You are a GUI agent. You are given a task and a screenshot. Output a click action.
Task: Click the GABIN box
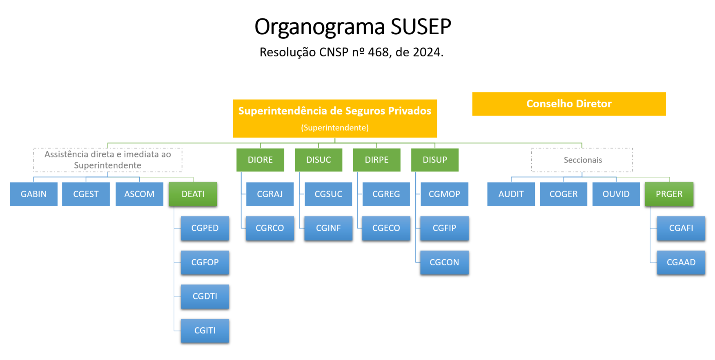(33, 194)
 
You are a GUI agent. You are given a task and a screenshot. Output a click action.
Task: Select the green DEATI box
(193, 194)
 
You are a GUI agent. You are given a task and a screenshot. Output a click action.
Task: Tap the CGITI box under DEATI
(205, 330)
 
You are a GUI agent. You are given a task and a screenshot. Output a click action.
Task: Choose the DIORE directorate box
(260, 160)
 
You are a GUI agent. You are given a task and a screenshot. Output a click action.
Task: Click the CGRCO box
(270, 228)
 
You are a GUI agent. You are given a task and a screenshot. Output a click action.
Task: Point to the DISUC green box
(319, 160)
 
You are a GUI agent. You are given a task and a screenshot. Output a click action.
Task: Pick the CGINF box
(328, 228)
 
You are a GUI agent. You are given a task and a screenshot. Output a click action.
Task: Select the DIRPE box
(376, 160)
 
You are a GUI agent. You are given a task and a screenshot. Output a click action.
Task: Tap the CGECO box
(386, 228)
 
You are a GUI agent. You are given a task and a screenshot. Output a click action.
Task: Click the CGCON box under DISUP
(444, 262)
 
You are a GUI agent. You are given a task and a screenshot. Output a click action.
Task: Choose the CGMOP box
(444, 194)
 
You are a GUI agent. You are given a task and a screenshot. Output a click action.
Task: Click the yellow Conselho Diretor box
(569, 104)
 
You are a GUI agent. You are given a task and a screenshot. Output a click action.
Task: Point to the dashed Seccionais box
(582, 160)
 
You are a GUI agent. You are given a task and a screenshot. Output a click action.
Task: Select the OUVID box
(616, 194)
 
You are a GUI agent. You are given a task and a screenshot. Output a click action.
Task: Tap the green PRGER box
(669, 194)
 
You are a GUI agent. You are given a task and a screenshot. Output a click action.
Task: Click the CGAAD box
(681, 262)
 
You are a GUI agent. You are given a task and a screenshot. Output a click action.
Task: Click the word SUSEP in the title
(421, 27)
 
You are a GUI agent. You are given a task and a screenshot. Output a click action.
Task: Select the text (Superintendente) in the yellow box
(335, 128)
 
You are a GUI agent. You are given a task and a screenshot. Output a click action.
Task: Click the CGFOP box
(205, 262)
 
